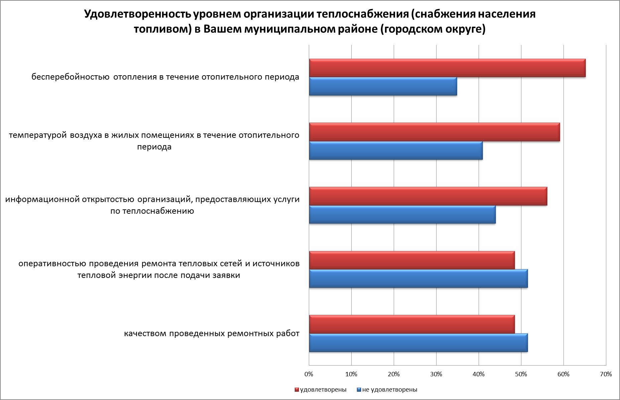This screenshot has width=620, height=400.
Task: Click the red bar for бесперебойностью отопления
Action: (x=447, y=68)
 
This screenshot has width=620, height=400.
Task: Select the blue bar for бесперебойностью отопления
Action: (x=383, y=86)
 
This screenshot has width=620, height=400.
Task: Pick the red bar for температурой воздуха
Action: (x=434, y=132)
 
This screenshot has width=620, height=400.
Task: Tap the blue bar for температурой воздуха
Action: (x=396, y=151)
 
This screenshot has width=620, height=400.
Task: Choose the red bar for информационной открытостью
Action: (x=428, y=196)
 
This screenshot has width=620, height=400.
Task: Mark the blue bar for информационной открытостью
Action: (x=402, y=214)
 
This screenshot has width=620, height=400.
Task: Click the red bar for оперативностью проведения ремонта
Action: (x=412, y=260)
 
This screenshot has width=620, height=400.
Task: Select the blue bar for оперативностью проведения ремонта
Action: (x=418, y=278)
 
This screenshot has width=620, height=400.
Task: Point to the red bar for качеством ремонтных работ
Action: (x=412, y=324)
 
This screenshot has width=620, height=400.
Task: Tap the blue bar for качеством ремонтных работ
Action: (x=418, y=343)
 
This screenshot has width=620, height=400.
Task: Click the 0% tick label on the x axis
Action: (x=309, y=374)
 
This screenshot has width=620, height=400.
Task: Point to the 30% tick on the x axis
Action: (x=436, y=374)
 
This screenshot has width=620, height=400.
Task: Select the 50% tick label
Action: (x=521, y=374)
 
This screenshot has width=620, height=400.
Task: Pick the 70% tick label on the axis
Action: (x=606, y=374)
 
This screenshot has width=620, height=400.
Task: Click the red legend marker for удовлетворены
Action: (x=296, y=390)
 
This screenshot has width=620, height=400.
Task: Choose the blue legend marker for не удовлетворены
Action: (x=359, y=390)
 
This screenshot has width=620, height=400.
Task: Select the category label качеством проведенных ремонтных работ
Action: (x=212, y=334)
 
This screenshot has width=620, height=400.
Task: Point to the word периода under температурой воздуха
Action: (x=154, y=147)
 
